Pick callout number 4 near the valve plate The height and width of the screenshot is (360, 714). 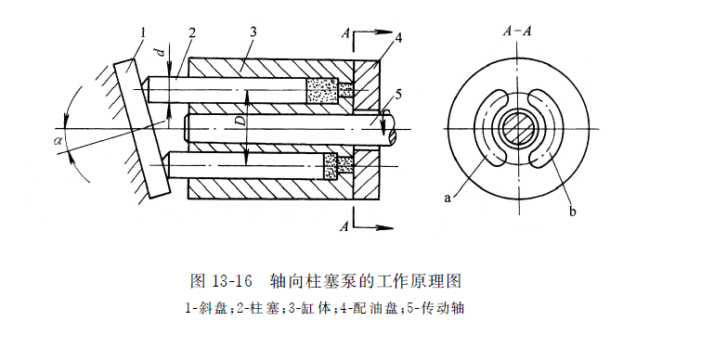(398, 38)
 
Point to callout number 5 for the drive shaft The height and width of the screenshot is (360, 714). (397, 95)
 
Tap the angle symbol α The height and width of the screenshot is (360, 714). (60, 141)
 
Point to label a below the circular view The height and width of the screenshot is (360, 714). (449, 198)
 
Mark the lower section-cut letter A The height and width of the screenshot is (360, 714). (344, 225)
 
